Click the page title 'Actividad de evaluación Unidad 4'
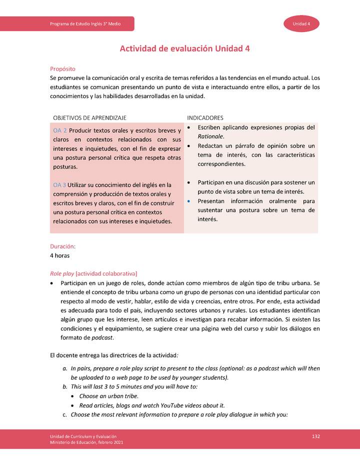tap(184, 48)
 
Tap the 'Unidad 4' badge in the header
tap(301, 24)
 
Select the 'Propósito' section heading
tap(62, 68)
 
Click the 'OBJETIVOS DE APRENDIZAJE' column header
tap(89, 117)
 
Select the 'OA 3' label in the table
tap(59, 185)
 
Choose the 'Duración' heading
tap(62, 246)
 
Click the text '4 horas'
tap(60, 255)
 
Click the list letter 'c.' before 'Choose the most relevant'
tap(65, 414)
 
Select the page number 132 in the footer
tap(315, 437)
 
